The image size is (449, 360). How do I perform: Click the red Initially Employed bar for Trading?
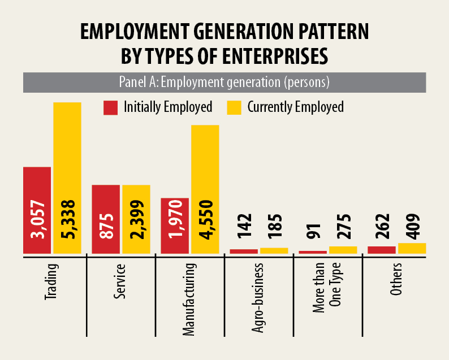coord(37,186)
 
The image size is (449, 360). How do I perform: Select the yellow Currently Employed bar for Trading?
coord(67,147)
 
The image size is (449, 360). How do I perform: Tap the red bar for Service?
coord(106,198)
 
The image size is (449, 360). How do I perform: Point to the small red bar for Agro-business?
coord(244,251)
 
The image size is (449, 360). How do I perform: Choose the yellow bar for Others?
coord(412,248)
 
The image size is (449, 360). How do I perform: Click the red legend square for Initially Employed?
coord(110,107)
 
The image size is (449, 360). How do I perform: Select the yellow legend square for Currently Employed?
coord(234,107)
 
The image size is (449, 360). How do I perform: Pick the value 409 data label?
coord(412,227)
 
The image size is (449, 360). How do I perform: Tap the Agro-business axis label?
coord(258,296)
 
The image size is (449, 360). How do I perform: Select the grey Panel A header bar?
coord(224,82)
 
